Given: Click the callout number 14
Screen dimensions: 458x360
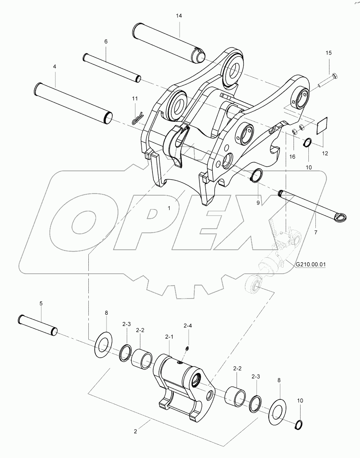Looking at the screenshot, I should pos(178,15).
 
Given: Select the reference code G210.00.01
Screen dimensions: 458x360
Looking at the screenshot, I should pos(310,263).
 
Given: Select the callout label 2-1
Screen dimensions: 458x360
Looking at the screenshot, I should pos(170,337).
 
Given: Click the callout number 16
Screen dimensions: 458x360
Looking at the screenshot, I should pos(292,157).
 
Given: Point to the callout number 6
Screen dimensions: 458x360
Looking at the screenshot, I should pos(106,42).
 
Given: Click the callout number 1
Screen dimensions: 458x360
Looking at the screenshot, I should pos(169,209).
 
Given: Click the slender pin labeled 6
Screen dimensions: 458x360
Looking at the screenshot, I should pos(112,67).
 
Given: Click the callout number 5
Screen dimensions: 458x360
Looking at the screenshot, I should pos(41,304).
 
